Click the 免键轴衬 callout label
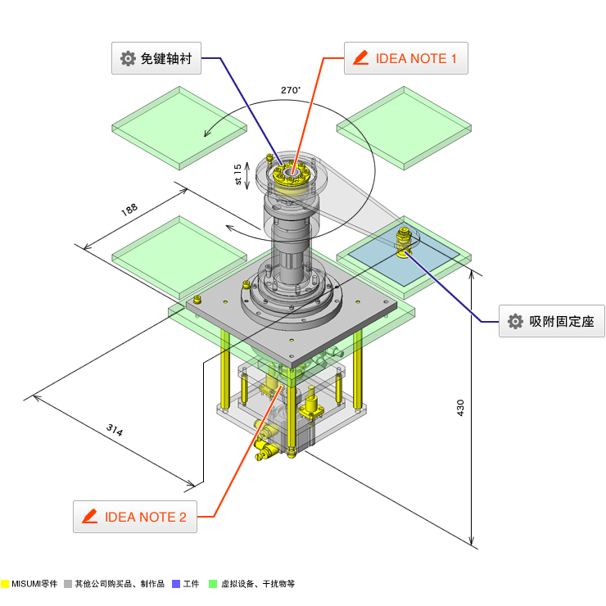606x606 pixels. tap(156, 58)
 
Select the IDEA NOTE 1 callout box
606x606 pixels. tap(405, 58)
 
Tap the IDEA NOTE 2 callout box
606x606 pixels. tap(135, 517)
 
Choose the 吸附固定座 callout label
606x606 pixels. tap(552, 321)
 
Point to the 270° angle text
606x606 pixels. tap(290, 90)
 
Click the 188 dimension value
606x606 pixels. tap(129, 210)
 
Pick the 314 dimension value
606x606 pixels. tap(115, 430)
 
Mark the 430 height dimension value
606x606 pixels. tap(460, 407)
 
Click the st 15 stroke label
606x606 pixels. tap(238, 174)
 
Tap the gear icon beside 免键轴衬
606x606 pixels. tap(128, 58)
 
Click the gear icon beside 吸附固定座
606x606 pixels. tap(515, 321)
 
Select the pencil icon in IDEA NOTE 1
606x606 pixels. tap(360, 58)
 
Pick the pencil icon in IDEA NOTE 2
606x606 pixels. tap(90, 517)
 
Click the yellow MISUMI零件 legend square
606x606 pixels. tap(5, 584)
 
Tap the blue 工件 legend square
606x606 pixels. tap(176, 584)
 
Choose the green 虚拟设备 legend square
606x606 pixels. tap(212, 584)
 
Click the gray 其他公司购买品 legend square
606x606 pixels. tap(68, 584)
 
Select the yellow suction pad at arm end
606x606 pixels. tap(405, 243)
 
